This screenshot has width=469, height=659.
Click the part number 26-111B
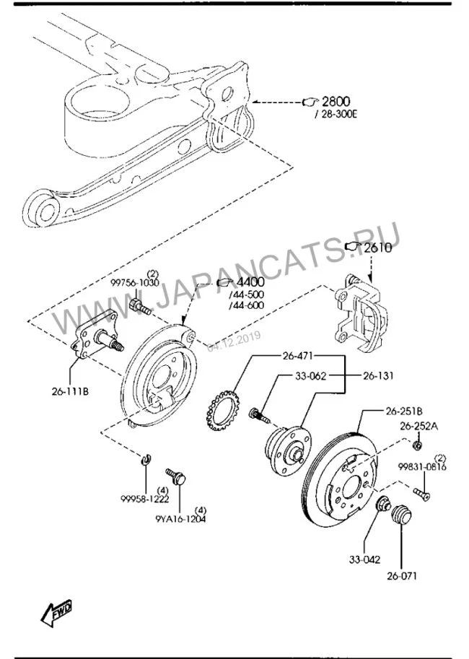(x=70, y=391)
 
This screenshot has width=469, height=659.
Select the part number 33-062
(x=310, y=376)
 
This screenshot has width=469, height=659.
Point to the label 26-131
(x=378, y=376)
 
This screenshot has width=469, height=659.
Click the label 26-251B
(x=404, y=410)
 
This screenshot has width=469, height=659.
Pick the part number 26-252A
(x=418, y=426)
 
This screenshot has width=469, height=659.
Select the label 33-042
(x=364, y=559)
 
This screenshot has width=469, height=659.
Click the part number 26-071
(x=402, y=575)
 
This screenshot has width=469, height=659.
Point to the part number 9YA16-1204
(x=180, y=519)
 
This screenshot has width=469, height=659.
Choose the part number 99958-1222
(x=144, y=499)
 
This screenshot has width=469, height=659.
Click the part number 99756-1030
(x=134, y=283)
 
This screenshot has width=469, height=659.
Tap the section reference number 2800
(x=336, y=101)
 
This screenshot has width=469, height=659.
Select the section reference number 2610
(x=377, y=248)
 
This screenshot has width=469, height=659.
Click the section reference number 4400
(x=250, y=282)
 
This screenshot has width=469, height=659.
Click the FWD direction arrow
(x=56, y=612)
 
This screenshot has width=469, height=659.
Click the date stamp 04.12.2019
(x=234, y=341)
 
